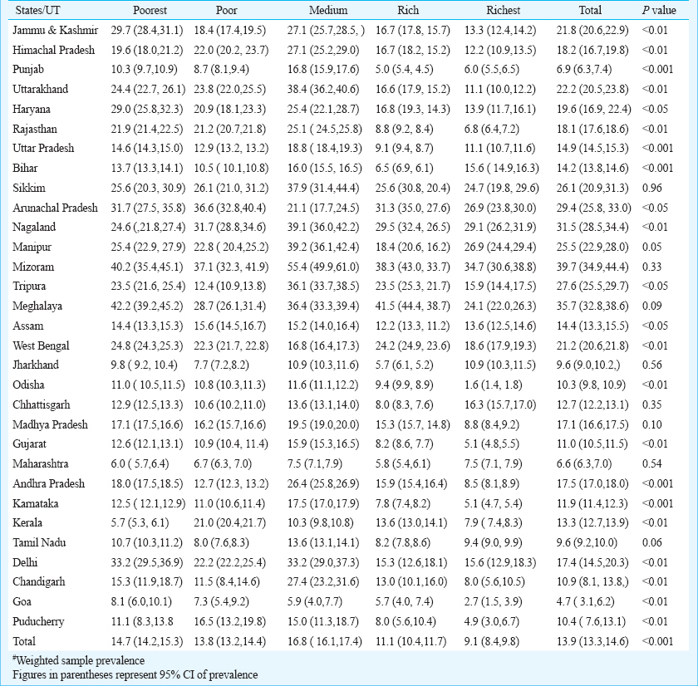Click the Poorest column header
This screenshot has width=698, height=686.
pos(150,10)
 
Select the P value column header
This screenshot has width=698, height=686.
pos(659,10)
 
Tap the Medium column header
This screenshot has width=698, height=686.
pos(328,10)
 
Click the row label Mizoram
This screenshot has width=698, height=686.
pos(33,267)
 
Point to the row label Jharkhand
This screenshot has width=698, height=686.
pos(36,365)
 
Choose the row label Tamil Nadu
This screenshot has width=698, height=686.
pos(39,543)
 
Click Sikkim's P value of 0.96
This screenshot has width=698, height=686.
pos(652,188)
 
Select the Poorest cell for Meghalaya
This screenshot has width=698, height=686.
pos(147,306)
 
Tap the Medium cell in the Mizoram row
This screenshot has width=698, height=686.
pos(323,267)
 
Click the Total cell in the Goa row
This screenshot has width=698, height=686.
pos(585,602)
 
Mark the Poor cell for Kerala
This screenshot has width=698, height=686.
pos(229,522)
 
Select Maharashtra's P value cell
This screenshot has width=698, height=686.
pos(652,464)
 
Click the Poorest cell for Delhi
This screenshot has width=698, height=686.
pos(147,563)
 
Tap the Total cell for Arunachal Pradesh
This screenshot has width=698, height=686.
pos(594,208)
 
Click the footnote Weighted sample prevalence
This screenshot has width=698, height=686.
pos(78,660)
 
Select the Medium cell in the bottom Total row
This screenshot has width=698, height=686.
pos(325,641)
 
